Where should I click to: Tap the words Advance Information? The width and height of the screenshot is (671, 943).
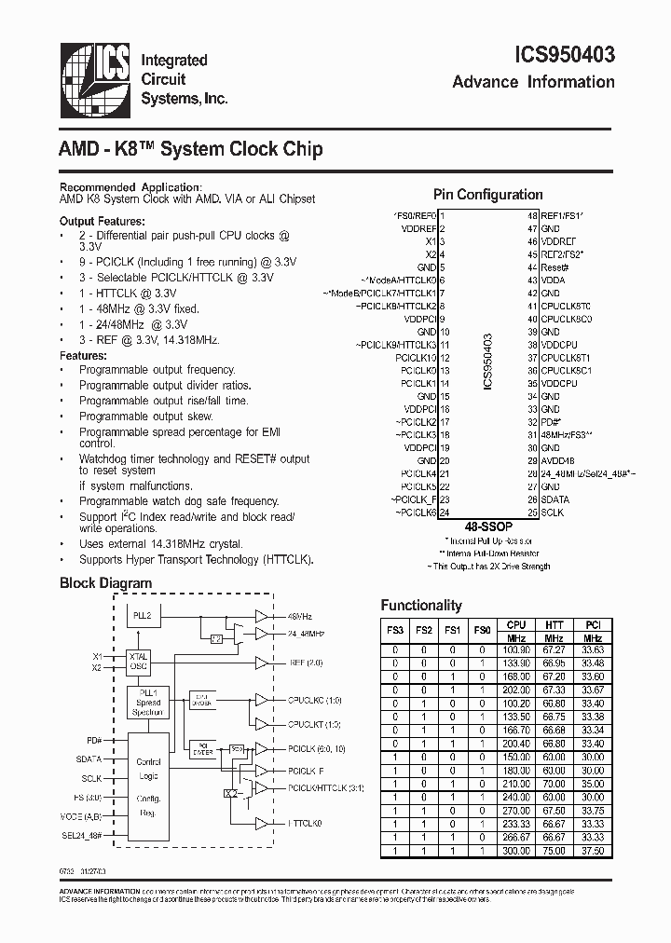[533, 82]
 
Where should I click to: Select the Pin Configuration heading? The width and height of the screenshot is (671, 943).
[487, 195]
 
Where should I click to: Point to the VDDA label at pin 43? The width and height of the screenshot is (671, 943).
[553, 280]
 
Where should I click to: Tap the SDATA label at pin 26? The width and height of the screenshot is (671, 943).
[555, 499]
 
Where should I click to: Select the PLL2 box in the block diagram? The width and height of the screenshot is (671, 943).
[144, 616]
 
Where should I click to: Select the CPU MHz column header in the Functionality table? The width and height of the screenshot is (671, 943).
[515, 631]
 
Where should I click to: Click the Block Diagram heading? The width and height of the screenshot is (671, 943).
[105, 583]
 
